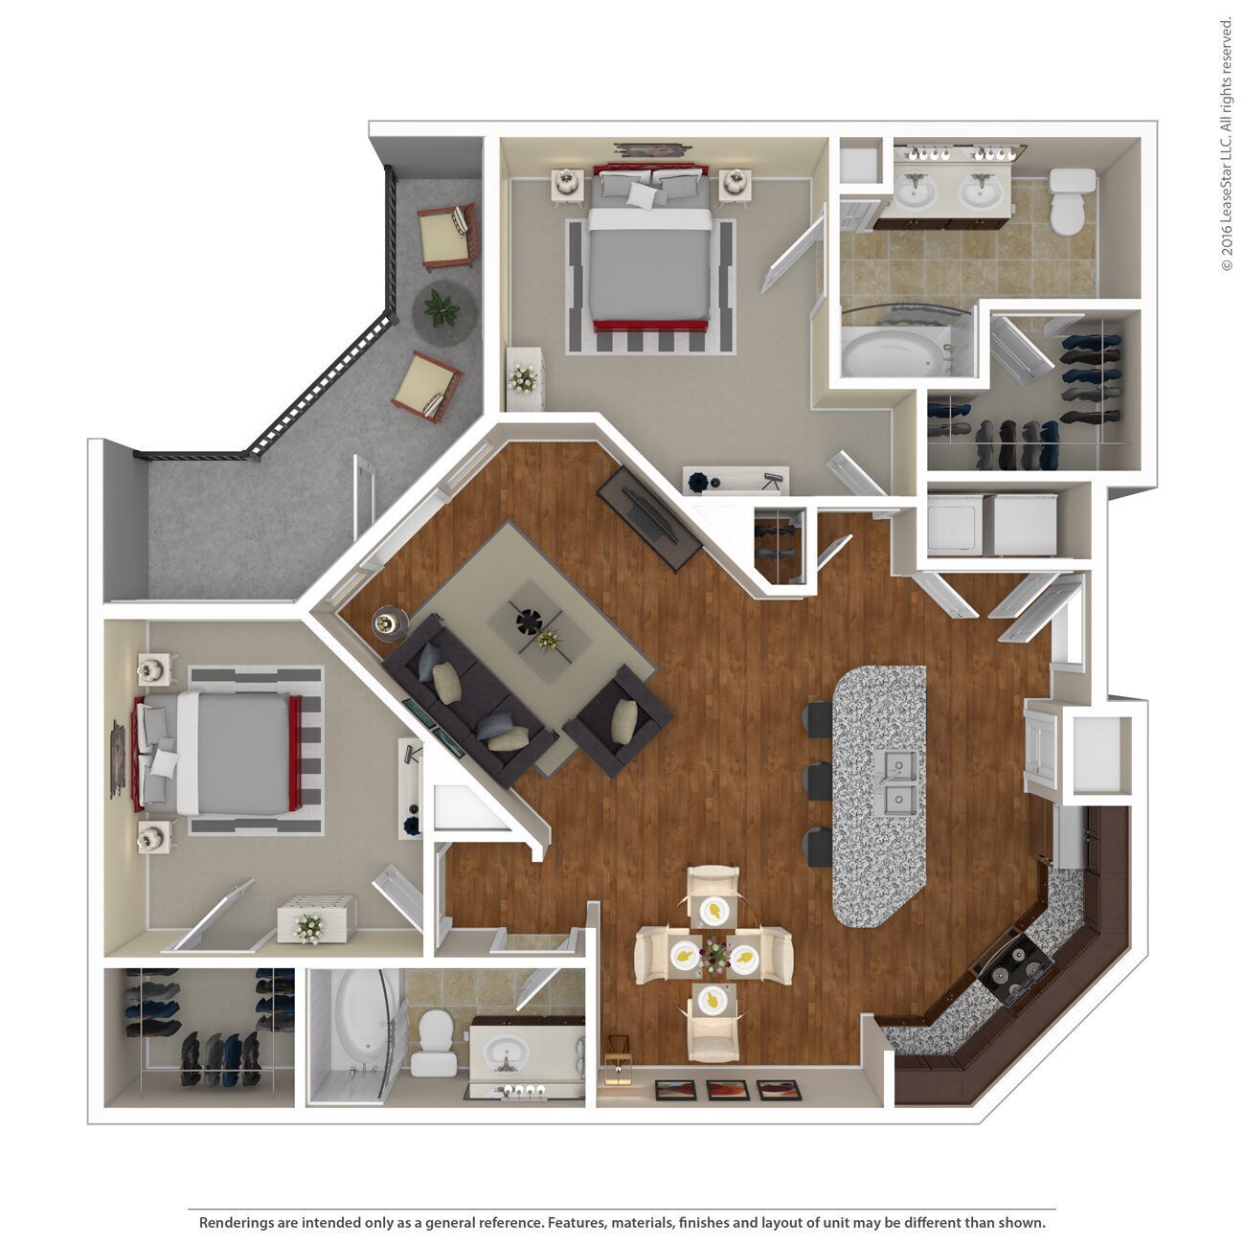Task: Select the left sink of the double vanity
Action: point(916,192)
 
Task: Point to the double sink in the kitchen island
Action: point(897,780)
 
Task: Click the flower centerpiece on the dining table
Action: point(714,954)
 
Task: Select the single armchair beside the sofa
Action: point(618,721)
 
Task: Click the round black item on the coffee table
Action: point(528,622)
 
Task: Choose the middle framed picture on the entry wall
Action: point(725,1090)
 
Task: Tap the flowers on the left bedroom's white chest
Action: point(309,926)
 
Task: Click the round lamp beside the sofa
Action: point(387,622)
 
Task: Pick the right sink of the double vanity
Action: point(981,192)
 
